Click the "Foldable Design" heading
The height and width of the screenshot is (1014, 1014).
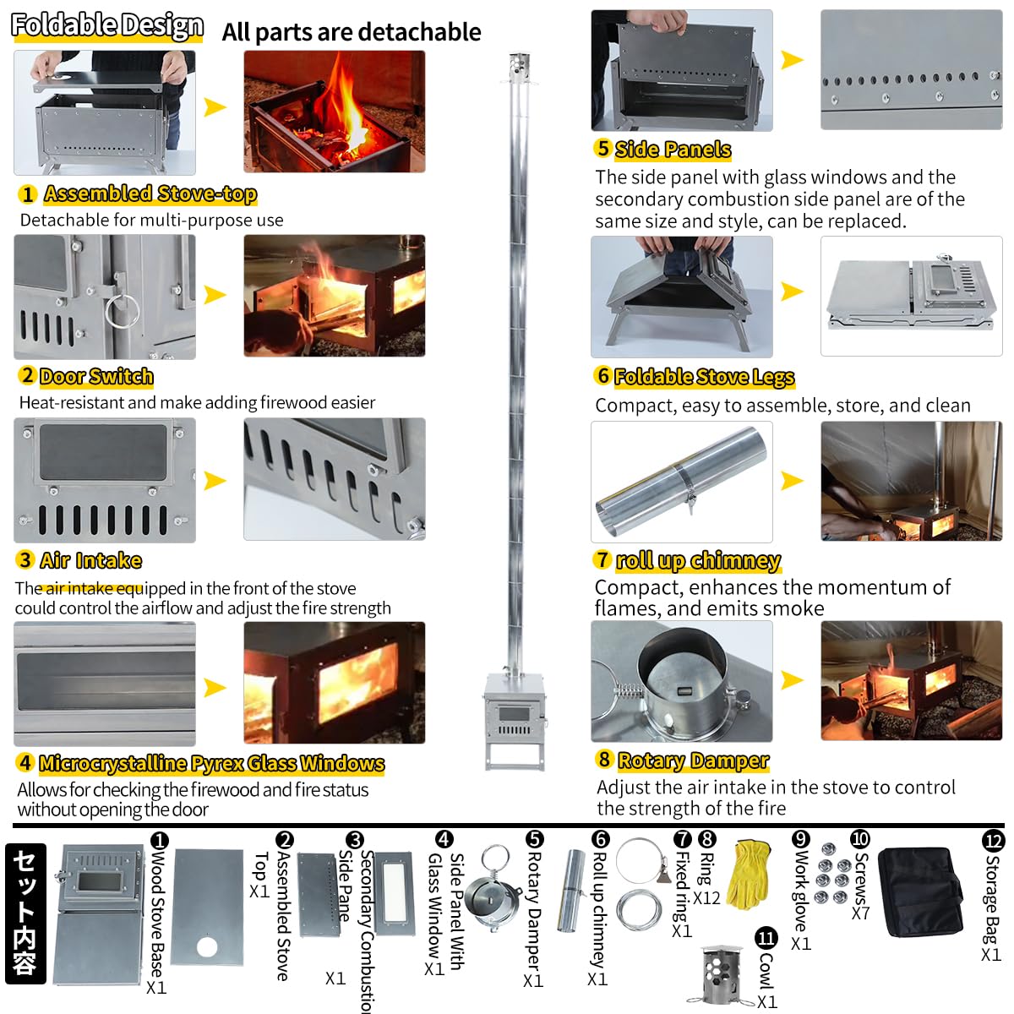pyautogui.click(x=107, y=25)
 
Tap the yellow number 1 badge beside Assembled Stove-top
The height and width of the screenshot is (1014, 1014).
pyautogui.click(x=27, y=194)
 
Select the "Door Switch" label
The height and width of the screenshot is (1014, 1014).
pyautogui.click(x=96, y=377)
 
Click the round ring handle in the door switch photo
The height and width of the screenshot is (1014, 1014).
pyautogui.click(x=123, y=309)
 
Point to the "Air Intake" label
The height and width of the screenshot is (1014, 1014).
pyautogui.click(x=90, y=560)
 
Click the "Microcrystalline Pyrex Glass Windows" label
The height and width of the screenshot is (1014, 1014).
pyautogui.click(x=211, y=764)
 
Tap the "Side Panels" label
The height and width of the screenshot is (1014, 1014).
pyautogui.click(x=673, y=150)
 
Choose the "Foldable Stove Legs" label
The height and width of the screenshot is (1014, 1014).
pyautogui.click(x=704, y=377)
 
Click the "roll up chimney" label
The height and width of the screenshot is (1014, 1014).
pyautogui.click(x=698, y=560)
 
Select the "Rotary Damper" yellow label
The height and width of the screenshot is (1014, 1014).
pyautogui.click(x=693, y=760)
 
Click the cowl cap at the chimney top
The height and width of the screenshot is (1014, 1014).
pyautogui.click(x=518, y=64)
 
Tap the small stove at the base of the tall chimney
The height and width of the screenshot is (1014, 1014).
pyautogui.click(x=513, y=718)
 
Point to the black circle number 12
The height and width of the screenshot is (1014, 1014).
pyautogui.click(x=993, y=841)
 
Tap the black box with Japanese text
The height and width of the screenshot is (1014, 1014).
pyautogui.click(x=25, y=913)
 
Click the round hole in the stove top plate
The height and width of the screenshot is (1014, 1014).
pyautogui.click(x=207, y=947)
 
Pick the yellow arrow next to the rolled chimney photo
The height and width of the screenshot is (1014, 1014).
pyautogui.click(x=792, y=481)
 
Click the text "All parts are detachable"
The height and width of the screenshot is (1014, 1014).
pyautogui.click(x=352, y=32)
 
